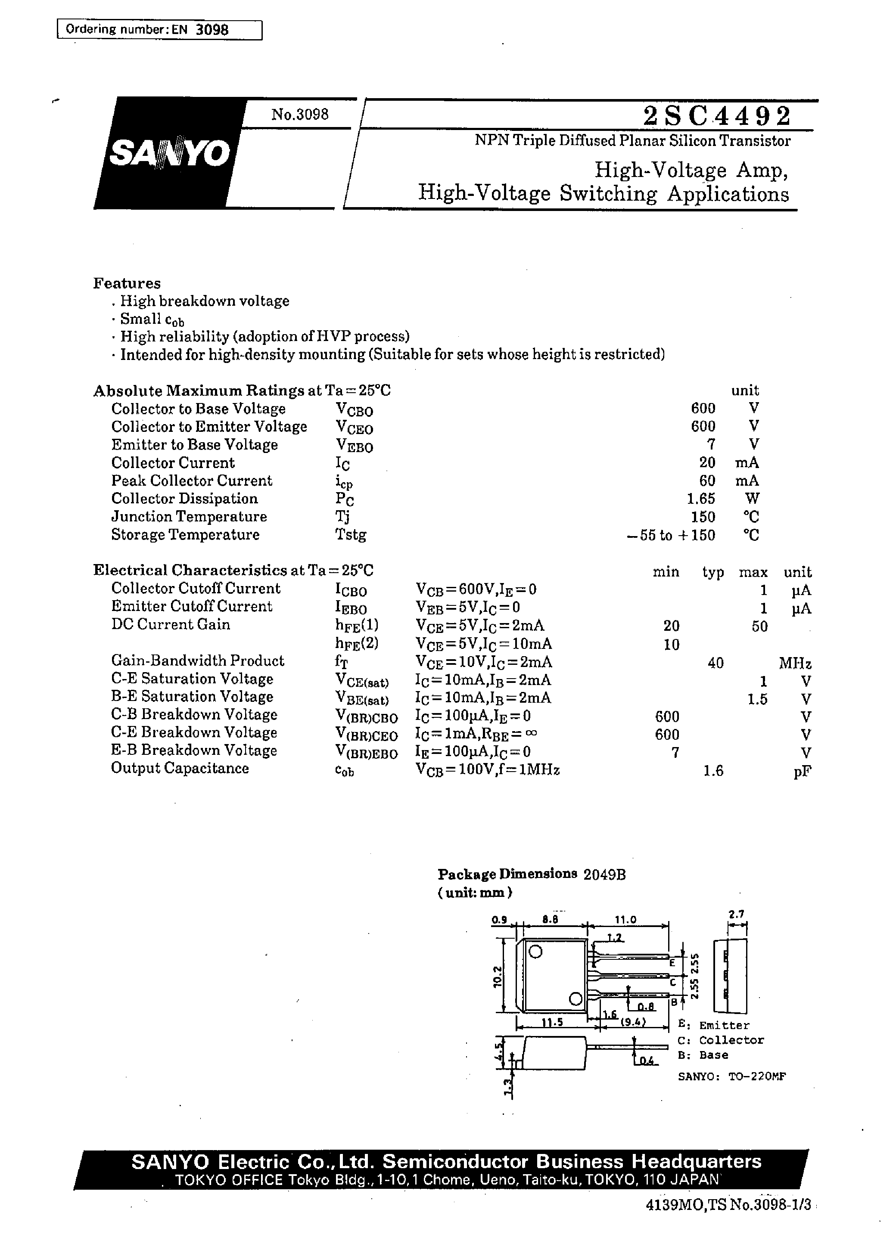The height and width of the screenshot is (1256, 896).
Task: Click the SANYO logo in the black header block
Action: tap(169, 154)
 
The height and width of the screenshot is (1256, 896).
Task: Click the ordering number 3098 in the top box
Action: tap(212, 30)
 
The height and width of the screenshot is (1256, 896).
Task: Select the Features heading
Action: tap(127, 283)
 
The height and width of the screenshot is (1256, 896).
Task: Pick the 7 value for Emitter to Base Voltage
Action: tap(711, 444)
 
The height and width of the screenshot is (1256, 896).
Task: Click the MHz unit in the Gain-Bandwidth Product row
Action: tap(794, 663)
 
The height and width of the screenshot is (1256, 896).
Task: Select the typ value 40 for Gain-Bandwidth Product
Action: tap(715, 663)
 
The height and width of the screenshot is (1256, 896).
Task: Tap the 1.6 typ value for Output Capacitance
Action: tap(713, 771)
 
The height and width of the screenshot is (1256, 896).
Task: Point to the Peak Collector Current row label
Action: tap(191, 481)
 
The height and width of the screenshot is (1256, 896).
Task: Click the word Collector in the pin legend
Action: tap(731, 1040)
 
